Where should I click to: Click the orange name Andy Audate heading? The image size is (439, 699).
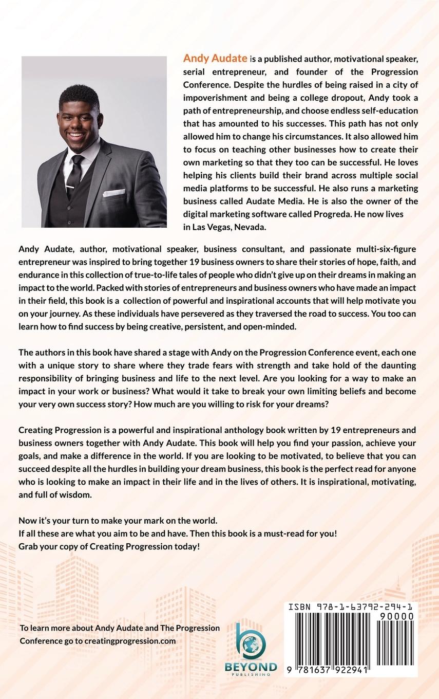216,59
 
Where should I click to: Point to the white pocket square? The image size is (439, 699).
113,194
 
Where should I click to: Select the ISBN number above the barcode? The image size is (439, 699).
351,606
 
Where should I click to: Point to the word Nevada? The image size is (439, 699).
250,226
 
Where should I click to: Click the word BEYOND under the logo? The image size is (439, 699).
251,667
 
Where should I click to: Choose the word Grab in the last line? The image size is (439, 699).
28,546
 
